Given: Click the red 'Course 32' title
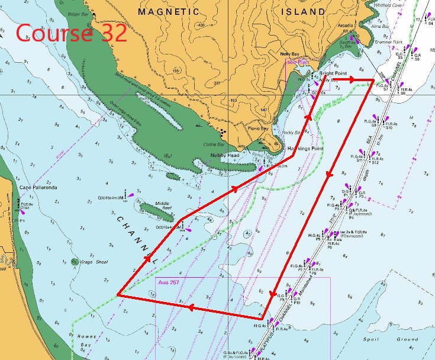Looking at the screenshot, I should tap(72, 33).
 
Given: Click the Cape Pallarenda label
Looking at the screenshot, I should tap(33, 188).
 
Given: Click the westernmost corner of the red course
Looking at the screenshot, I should tap(118, 294).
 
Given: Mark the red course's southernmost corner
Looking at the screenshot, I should tap(262, 320).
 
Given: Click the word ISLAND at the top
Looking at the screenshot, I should tap(304, 11).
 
